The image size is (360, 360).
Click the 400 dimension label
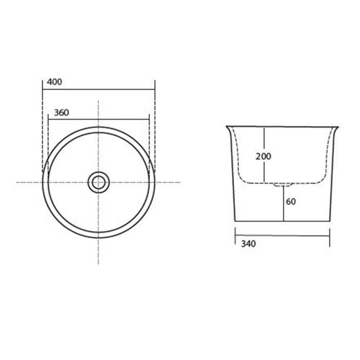55,82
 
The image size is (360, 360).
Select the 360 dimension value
61,113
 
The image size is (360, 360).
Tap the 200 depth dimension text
263,156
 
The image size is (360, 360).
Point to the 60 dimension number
291,202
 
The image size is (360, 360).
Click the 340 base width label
248,244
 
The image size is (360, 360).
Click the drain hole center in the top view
99,183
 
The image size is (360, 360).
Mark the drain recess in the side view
284,185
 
